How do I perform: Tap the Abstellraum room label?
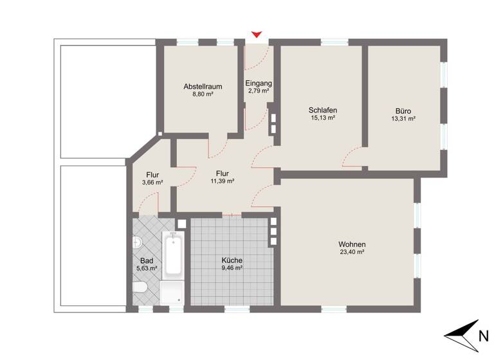pos(203,85)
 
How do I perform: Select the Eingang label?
pos(259,83)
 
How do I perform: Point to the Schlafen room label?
pos(323,110)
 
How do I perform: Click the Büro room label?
pos(403,111)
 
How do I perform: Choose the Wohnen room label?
pos(352,244)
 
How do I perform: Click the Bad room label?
pos(146,260)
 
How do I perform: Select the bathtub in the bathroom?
pos(173,256)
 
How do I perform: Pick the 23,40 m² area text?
pos(352,253)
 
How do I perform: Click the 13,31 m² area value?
pos(403,119)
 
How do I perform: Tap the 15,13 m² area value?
pos(323,118)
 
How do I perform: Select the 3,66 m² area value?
pos(152,183)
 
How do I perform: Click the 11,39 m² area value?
pos(223,182)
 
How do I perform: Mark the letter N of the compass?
pos(482,334)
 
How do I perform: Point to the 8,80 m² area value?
pos(203,94)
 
